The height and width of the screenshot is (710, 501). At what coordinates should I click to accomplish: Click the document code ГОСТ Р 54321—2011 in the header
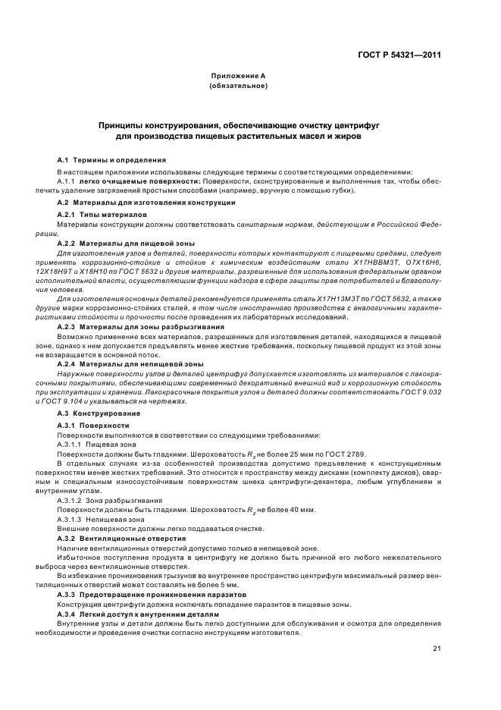coord(400,55)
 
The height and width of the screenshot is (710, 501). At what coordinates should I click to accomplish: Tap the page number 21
coord(437,647)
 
